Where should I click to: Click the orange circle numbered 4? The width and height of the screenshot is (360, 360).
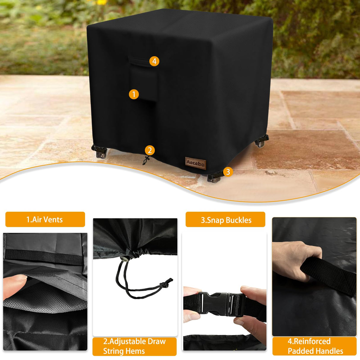point(154,61)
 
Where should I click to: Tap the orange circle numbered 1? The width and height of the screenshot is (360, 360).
point(134,94)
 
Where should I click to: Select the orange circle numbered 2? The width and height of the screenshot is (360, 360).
point(150,150)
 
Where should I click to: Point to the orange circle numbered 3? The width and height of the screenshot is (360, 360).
point(228,172)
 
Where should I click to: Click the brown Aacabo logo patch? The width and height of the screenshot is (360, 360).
point(195,163)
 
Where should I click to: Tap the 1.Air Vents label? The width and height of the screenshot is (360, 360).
point(45,219)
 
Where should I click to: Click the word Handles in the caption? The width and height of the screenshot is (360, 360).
point(329,351)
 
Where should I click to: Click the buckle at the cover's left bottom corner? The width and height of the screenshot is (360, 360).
point(99,151)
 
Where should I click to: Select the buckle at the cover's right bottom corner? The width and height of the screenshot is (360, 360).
point(262,141)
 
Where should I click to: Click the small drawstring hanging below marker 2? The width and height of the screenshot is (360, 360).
point(146,161)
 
